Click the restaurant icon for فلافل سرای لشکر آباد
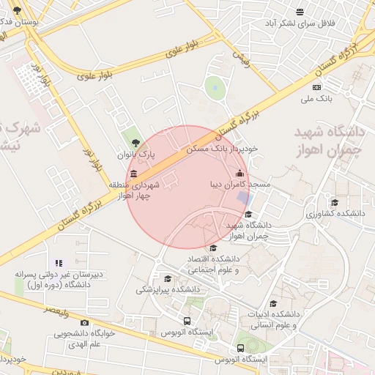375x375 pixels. click(300, 11)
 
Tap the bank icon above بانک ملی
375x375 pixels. click(316, 87)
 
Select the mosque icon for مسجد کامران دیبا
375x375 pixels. click(240, 174)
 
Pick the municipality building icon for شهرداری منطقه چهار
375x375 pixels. click(133, 174)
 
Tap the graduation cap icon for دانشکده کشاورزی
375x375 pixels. click(335, 203)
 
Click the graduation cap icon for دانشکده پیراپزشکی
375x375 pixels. click(168, 279)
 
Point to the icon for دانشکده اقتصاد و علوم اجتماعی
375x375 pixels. click(212, 248)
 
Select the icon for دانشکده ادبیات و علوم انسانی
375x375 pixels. click(273, 304)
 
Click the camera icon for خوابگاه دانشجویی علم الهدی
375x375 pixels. click(84, 323)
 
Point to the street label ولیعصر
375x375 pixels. click(56, 311)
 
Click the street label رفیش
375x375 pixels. click(241, 58)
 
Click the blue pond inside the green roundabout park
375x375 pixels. click(215, 88)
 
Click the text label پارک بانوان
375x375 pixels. click(138, 155)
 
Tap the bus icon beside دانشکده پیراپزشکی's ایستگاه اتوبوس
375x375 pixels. click(187, 321)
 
